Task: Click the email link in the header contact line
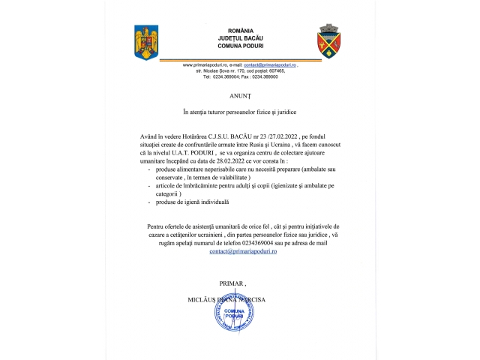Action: point(270,65)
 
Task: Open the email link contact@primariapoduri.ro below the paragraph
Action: point(239,252)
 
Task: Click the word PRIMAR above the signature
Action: point(232,283)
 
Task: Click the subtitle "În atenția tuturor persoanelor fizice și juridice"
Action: point(239,113)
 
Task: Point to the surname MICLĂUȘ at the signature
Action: point(201,298)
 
